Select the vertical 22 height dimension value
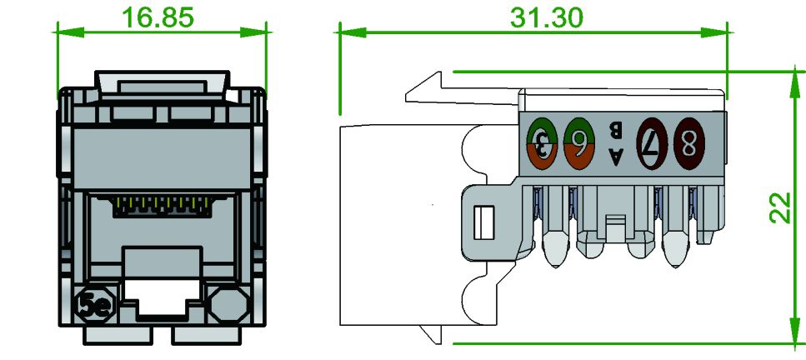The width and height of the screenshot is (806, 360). coord(779,207)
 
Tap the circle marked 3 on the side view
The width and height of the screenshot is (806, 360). coord(543,142)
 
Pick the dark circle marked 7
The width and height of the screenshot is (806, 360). coord(653,142)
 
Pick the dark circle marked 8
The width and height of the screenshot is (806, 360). coord(689,142)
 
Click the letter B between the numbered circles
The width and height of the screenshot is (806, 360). coord(616,129)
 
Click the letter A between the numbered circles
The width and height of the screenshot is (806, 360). coord(616,155)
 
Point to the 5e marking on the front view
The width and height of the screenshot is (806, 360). coord(92,306)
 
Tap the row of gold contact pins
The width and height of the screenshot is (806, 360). coord(160,203)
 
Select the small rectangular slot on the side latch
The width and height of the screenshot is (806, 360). coord(480,222)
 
